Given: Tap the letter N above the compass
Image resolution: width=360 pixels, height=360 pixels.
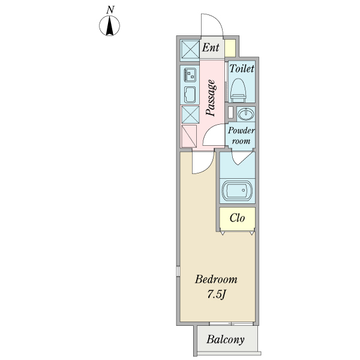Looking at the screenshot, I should tap(110, 9).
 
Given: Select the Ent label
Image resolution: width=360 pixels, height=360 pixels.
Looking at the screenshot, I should tap(210, 47).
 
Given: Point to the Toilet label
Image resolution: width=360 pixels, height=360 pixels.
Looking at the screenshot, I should tap(242, 69).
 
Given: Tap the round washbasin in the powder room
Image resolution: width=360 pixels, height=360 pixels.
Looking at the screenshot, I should tap(245, 114).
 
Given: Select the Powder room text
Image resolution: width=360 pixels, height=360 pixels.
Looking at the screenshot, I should tap(241, 136).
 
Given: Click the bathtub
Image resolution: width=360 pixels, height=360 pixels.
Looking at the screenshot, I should tap(237, 191).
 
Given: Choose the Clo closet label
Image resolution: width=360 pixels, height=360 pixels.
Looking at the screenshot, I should tap(237, 218).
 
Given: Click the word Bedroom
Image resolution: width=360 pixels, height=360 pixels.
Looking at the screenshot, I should tap(217, 280).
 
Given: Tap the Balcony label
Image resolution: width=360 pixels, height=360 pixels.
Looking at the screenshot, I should tap(226, 340).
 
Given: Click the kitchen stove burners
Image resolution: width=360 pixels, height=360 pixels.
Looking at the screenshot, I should tap(190, 75).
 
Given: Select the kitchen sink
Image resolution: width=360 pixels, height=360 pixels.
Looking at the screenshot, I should tap(190, 94).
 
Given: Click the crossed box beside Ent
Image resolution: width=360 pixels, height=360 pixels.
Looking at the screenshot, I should tap(190, 47).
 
